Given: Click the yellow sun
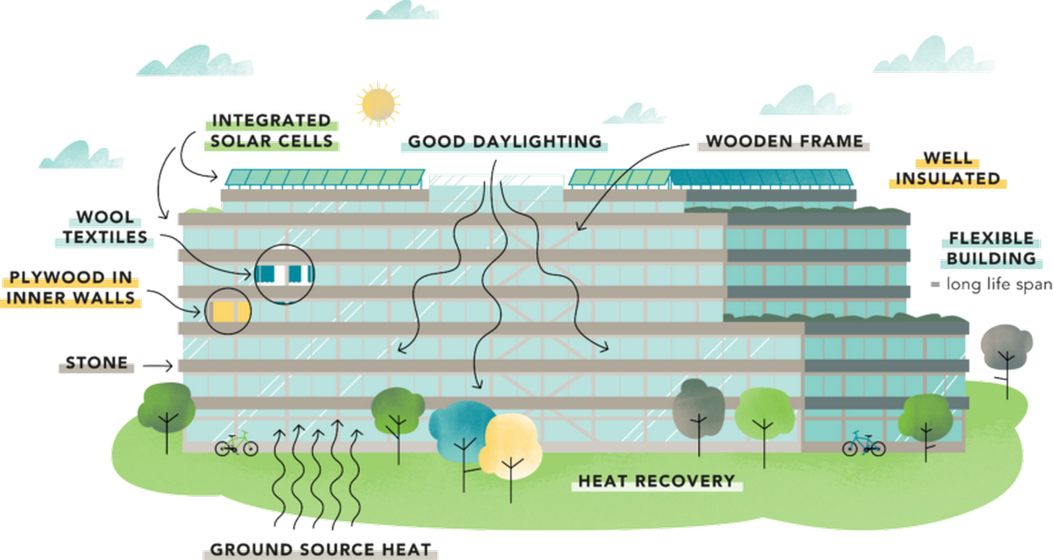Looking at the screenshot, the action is (x=378, y=105).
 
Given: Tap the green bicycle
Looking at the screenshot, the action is (x=236, y=444).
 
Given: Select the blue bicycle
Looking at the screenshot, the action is (x=864, y=444).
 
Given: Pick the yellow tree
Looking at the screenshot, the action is (x=511, y=447).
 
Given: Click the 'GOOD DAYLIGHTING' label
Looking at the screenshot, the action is (x=505, y=141).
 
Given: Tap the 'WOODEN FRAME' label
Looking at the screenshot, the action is (x=784, y=141).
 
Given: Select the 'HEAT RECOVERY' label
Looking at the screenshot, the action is (x=657, y=481).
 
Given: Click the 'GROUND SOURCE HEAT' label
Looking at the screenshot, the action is (x=321, y=549).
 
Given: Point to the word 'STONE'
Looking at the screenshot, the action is (x=97, y=363).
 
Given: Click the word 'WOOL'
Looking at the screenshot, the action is (x=105, y=217).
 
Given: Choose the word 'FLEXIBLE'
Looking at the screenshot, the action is (x=991, y=238).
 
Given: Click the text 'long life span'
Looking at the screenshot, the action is (x=998, y=284).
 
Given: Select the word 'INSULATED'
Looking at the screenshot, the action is (x=948, y=179).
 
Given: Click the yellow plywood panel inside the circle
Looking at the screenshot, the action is (x=223, y=311).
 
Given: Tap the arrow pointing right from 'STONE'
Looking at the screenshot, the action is (x=157, y=366).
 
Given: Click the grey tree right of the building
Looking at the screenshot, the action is (x=1006, y=348).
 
